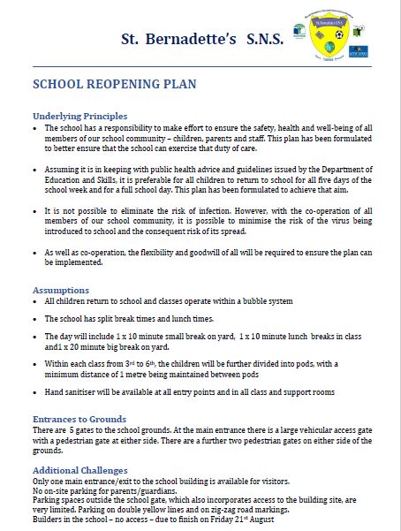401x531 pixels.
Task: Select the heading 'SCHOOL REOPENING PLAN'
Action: pyautogui.click(x=114, y=86)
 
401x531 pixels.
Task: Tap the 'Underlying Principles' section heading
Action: pyautogui.click(x=80, y=116)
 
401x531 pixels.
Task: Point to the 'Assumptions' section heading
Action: pyautogui.click(x=60, y=290)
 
